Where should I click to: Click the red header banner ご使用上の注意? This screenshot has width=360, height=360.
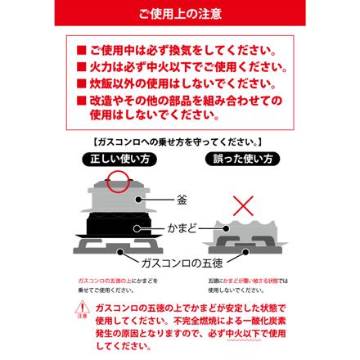[179, 13]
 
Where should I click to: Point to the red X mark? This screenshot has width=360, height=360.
[242, 205]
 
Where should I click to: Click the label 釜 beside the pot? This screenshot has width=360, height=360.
[182, 199]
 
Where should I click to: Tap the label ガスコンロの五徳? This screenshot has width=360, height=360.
[182, 262]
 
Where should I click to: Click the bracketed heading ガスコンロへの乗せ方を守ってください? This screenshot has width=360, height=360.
[179, 142]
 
